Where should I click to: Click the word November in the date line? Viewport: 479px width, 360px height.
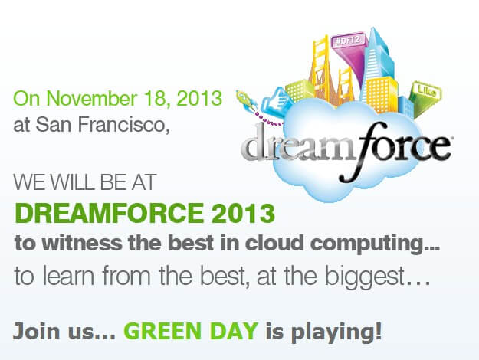coord(92,98)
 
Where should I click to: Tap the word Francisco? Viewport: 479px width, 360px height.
coord(123,125)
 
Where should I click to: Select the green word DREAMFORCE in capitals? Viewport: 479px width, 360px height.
coord(109,213)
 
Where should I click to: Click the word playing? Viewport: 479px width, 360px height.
coord(336,332)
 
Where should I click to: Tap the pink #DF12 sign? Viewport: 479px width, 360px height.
coord(348,40)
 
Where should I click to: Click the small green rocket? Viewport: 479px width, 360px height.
coord(244,99)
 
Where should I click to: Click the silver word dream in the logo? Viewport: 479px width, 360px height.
coord(301,145)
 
